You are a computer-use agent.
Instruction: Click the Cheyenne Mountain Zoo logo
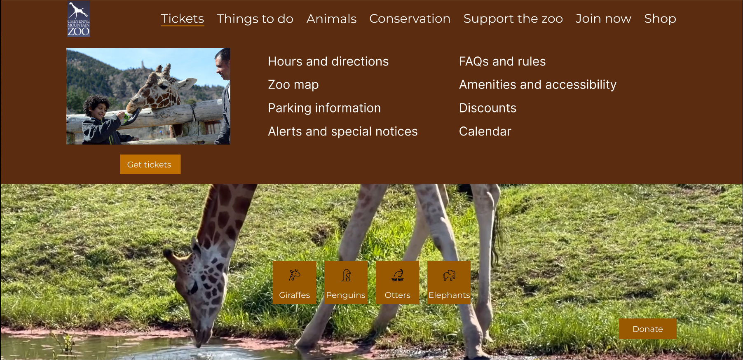(x=78, y=19)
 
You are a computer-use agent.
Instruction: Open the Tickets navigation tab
(x=183, y=19)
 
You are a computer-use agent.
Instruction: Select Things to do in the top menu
(x=255, y=19)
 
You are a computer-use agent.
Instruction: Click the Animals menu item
(x=331, y=19)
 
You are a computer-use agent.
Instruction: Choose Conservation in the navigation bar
(x=410, y=19)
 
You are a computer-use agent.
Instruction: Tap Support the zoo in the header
(x=513, y=19)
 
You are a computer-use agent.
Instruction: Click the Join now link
(x=603, y=19)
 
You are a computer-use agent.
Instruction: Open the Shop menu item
(x=660, y=19)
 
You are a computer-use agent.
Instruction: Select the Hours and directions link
(x=328, y=61)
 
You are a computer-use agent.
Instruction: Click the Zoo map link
(x=293, y=84)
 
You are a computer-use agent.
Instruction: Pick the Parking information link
(x=324, y=108)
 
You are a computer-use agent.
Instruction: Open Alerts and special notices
(x=342, y=131)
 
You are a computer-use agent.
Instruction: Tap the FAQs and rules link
(x=502, y=61)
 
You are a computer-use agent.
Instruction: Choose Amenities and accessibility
(x=537, y=84)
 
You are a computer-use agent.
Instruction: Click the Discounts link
(x=488, y=108)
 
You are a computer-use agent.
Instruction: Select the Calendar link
(x=485, y=131)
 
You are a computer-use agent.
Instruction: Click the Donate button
(x=647, y=329)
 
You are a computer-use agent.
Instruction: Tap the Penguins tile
(x=346, y=283)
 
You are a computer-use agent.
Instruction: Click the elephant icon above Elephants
(x=449, y=275)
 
